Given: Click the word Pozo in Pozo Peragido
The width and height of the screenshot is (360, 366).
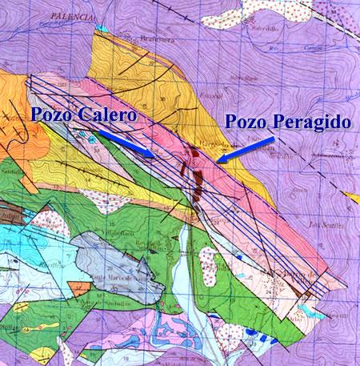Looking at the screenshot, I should [248, 123].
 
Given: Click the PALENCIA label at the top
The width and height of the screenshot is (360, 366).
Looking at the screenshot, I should [65, 16].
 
